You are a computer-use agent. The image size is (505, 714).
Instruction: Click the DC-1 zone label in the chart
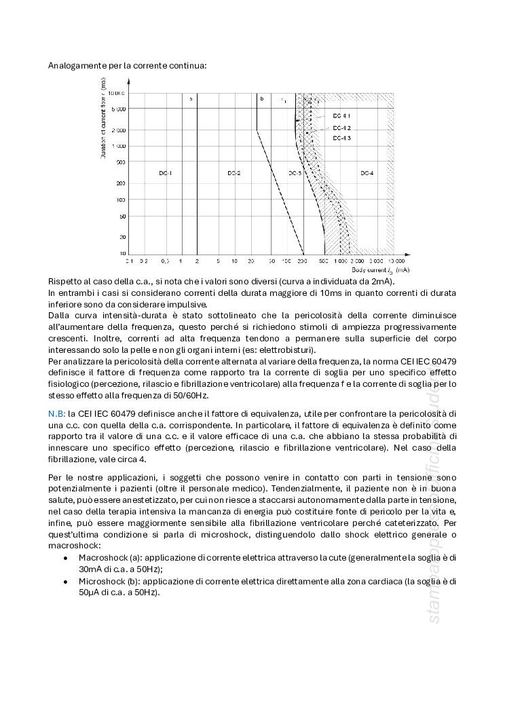pos(166,174)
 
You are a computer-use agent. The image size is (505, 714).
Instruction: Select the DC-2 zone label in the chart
pos(234,174)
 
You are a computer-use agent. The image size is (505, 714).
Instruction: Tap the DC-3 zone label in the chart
pos(295,174)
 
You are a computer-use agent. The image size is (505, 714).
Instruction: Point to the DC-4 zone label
pos(367,174)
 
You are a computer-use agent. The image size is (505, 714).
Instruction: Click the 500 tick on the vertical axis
pos(120,162)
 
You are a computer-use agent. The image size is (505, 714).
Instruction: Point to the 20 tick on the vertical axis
pos(122,237)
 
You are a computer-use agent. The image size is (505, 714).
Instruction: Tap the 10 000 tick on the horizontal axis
pos(397,261)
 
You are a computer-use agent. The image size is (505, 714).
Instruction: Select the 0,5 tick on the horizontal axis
pos(165,261)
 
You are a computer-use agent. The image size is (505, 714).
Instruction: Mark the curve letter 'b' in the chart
pos(261,99)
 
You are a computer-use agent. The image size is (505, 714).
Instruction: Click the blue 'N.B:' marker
pos(57,413)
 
